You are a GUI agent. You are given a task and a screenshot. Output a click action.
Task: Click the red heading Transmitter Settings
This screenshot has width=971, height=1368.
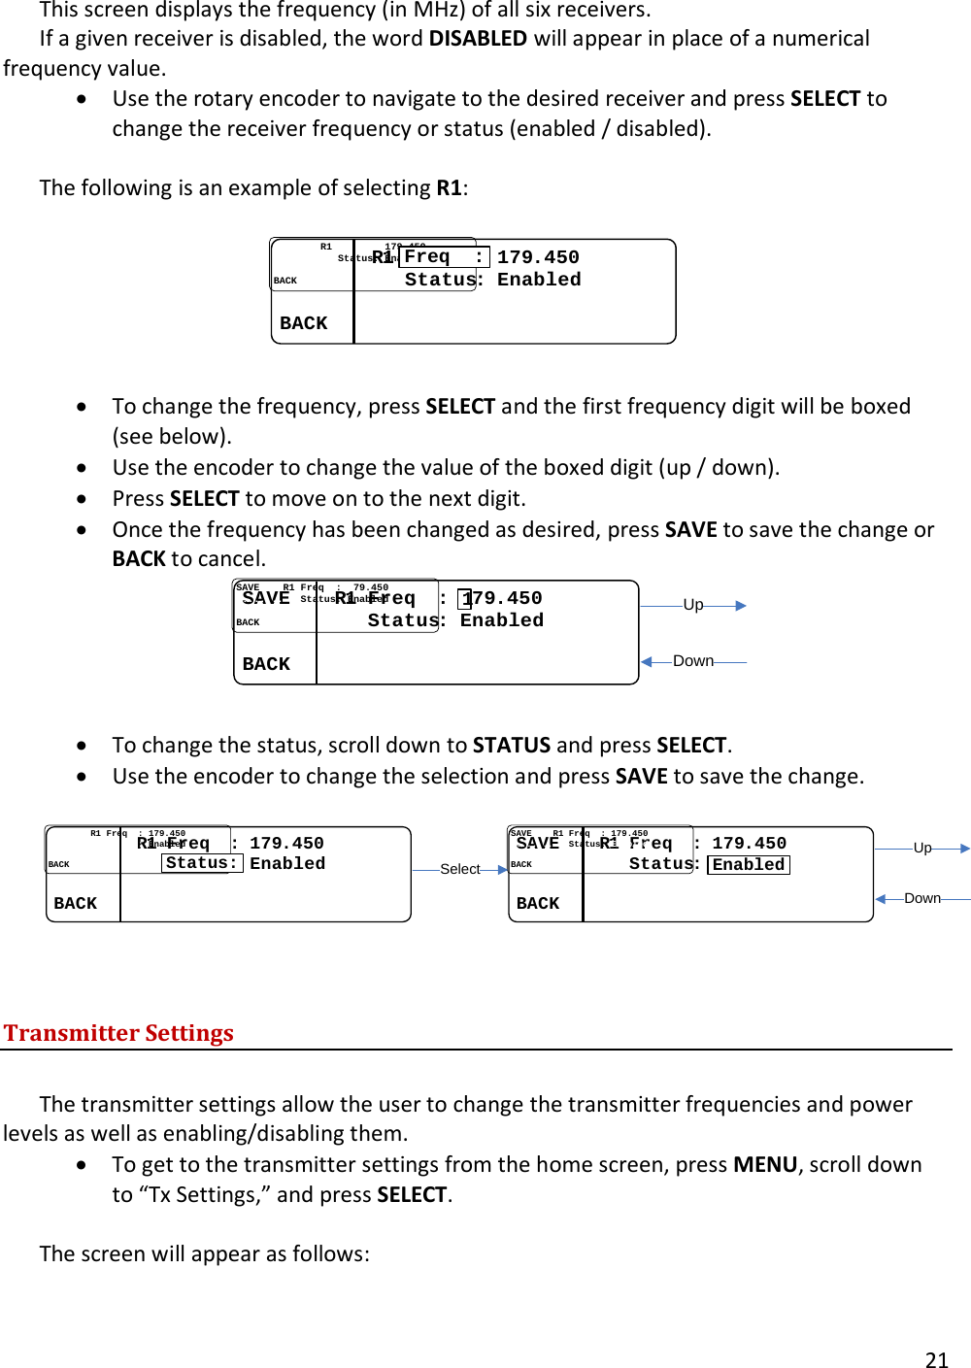click(118, 1032)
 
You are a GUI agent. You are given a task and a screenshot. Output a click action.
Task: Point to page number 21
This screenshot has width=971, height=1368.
click(936, 1359)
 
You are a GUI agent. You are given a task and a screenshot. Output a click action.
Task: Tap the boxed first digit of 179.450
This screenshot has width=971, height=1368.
click(466, 598)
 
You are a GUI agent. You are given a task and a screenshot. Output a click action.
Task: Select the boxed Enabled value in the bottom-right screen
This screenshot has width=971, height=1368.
click(749, 864)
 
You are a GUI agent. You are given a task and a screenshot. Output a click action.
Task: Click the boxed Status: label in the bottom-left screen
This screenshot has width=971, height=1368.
click(202, 863)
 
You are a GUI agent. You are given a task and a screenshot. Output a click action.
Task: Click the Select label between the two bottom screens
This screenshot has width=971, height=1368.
click(460, 869)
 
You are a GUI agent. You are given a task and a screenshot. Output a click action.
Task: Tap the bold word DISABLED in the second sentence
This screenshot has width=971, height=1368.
click(478, 39)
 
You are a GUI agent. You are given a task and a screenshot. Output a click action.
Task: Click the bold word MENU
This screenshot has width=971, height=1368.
click(765, 1164)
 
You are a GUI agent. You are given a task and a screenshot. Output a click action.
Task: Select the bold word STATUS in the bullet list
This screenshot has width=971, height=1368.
click(512, 745)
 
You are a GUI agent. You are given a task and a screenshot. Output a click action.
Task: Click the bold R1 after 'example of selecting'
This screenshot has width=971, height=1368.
click(449, 187)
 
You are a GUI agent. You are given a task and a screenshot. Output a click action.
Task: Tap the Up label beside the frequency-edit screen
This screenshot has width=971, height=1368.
click(693, 604)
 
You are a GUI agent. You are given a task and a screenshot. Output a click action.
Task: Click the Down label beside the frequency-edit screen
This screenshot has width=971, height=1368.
click(693, 660)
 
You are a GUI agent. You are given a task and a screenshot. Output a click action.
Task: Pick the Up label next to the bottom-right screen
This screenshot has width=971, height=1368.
click(922, 848)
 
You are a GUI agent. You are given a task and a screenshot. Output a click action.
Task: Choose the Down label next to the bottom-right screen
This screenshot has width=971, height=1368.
click(922, 898)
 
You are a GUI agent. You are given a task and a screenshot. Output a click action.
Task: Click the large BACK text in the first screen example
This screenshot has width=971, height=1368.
click(304, 323)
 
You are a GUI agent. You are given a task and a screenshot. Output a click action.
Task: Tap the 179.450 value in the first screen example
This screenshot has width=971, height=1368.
click(538, 257)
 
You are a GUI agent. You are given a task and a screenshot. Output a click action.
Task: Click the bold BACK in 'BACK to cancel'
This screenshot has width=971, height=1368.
click(139, 558)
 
